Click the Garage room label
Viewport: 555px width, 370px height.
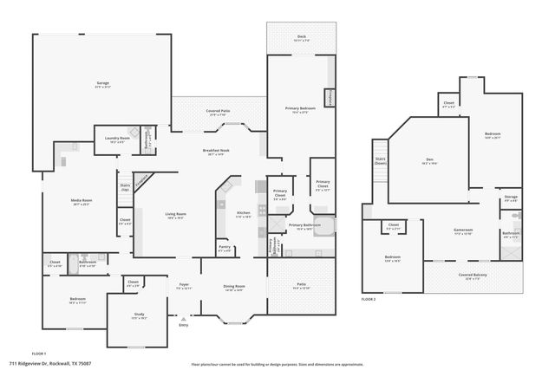point(102,84)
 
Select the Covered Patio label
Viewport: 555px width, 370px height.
point(218,111)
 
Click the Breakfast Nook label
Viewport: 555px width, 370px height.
point(216,151)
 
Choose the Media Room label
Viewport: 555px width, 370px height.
point(82,201)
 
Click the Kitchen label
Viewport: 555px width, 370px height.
point(244,212)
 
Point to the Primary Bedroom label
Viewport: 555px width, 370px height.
point(297,108)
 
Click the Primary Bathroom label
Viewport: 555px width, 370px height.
point(304,225)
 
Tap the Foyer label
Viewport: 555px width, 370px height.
point(184,284)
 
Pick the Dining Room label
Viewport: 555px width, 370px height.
point(233,286)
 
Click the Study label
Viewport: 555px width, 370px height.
point(139,315)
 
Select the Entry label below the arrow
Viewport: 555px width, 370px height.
point(183,325)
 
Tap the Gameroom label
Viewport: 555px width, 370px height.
point(462,230)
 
